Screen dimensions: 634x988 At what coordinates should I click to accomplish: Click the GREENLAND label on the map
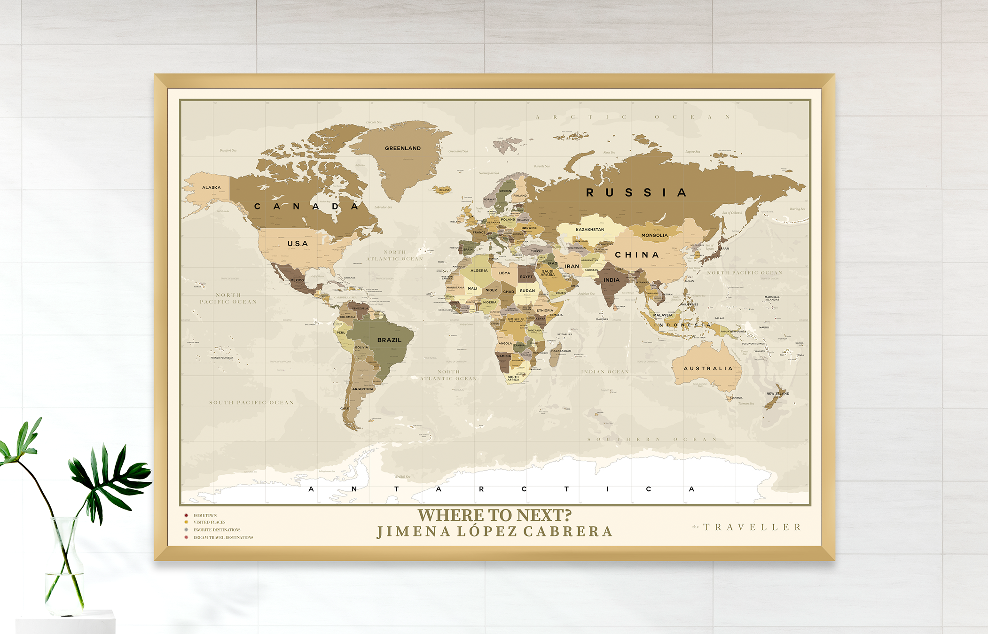pos(403,148)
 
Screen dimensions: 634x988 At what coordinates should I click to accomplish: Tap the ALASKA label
pos(212,187)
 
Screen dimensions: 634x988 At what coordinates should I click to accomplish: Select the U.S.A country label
pos(298,244)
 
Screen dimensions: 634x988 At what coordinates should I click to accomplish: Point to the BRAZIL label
pos(389,340)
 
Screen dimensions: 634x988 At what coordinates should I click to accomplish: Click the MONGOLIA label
pos(654,235)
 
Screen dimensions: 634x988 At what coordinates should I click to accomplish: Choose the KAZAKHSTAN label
pos(590,230)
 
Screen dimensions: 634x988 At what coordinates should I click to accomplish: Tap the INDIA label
pos(612,280)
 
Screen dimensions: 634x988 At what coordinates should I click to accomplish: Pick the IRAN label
pos(572,266)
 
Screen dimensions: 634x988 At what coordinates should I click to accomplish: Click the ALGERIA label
pos(479,271)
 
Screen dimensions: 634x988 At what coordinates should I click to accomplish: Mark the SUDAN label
pos(527,291)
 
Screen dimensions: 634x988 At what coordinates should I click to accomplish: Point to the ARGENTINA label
pos(363,389)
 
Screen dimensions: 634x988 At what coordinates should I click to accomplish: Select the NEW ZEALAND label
pos(778,394)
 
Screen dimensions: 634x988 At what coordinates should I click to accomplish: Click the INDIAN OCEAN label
pos(605,372)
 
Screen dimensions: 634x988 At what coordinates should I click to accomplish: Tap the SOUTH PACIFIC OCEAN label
pos(251,402)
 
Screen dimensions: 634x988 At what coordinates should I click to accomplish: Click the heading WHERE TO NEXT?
pos(494,515)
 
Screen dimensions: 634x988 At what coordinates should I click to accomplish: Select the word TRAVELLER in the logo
pos(752,527)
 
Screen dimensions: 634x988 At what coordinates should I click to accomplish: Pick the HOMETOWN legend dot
pos(186,515)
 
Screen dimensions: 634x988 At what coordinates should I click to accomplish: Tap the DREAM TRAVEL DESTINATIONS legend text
pos(223,537)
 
